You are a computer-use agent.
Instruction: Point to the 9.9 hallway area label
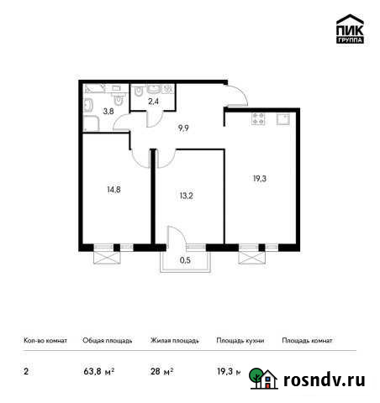point(182,128)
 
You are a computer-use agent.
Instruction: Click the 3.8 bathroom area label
point(108,109)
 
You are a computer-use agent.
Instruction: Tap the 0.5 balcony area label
point(184,260)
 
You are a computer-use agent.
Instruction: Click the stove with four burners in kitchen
point(256,119)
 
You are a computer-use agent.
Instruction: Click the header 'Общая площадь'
point(106,341)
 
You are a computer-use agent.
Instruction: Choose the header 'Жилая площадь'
point(174,341)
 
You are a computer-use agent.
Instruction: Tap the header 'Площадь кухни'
point(240,341)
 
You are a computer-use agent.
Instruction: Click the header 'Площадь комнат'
point(308,341)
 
